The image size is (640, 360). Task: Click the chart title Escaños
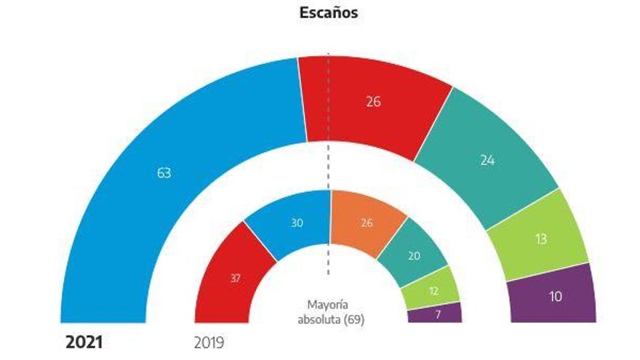pos(328,13)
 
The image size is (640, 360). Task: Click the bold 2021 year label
pos(84,342)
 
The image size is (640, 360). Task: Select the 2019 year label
pos(209,342)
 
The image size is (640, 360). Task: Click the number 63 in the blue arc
pos(164,173)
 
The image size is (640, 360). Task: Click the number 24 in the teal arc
pos(487,160)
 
